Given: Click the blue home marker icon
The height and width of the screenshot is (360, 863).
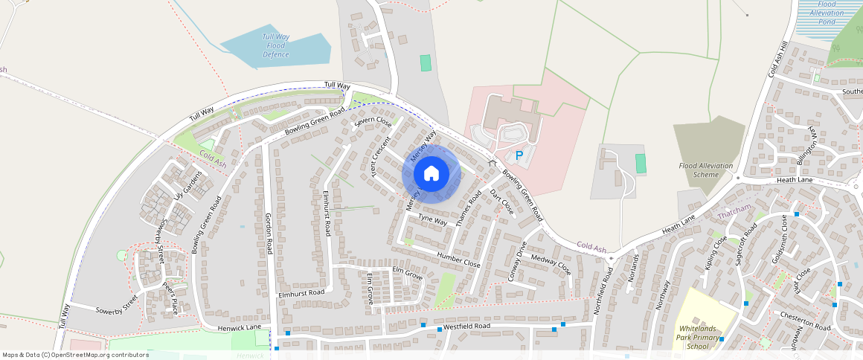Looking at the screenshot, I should pyautogui.click(x=431, y=173).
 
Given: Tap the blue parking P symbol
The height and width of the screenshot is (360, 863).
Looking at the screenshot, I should pyautogui.click(x=519, y=156).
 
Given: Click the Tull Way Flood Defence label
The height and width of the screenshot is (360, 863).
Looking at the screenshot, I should pyautogui.click(x=275, y=45).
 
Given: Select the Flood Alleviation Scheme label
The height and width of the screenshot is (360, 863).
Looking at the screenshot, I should pyautogui.click(x=705, y=170).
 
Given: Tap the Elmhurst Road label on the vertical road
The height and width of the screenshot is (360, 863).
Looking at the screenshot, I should pyautogui.click(x=326, y=213).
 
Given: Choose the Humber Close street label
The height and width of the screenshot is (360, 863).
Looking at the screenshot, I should pyautogui.click(x=459, y=257).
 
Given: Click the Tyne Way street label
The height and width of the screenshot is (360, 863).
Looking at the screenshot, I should pyautogui.click(x=432, y=220).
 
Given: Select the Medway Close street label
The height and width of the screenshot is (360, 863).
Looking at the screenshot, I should pyautogui.click(x=551, y=263).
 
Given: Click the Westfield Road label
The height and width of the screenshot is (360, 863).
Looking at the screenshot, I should pyautogui.click(x=466, y=327).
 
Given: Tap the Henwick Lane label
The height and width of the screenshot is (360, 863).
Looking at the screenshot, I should pyautogui.click(x=240, y=328).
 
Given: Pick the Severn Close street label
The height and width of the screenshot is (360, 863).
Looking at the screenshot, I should pyautogui.click(x=373, y=122).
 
